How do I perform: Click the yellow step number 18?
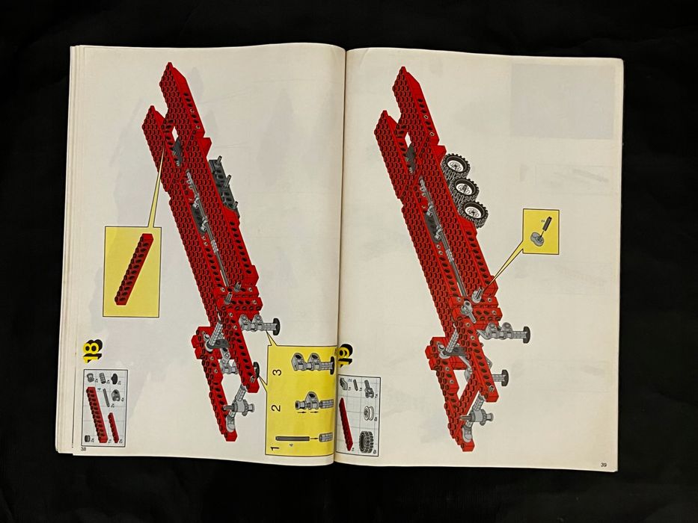coord(94,350)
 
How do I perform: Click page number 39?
coord(603,465)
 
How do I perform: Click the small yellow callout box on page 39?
coord(540,231)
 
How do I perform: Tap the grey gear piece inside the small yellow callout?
coord(538,238)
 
